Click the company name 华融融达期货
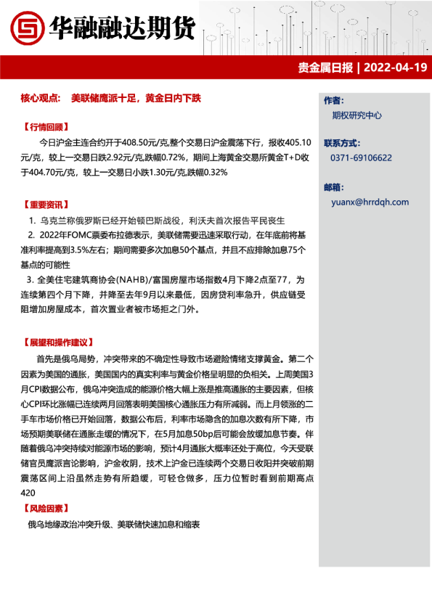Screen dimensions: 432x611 (122, 28)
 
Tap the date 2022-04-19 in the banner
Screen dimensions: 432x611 (395, 67)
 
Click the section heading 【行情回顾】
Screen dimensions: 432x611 (45, 126)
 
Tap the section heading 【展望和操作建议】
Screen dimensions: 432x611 (58, 341)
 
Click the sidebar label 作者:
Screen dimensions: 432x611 (333, 99)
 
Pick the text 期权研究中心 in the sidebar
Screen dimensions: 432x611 (356, 115)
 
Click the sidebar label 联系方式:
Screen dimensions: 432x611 (341, 143)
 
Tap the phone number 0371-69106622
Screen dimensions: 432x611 (361, 157)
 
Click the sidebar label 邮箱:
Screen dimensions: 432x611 (333, 186)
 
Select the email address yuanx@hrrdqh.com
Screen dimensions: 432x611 (369, 202)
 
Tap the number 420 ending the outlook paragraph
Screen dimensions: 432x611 (30, 493)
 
